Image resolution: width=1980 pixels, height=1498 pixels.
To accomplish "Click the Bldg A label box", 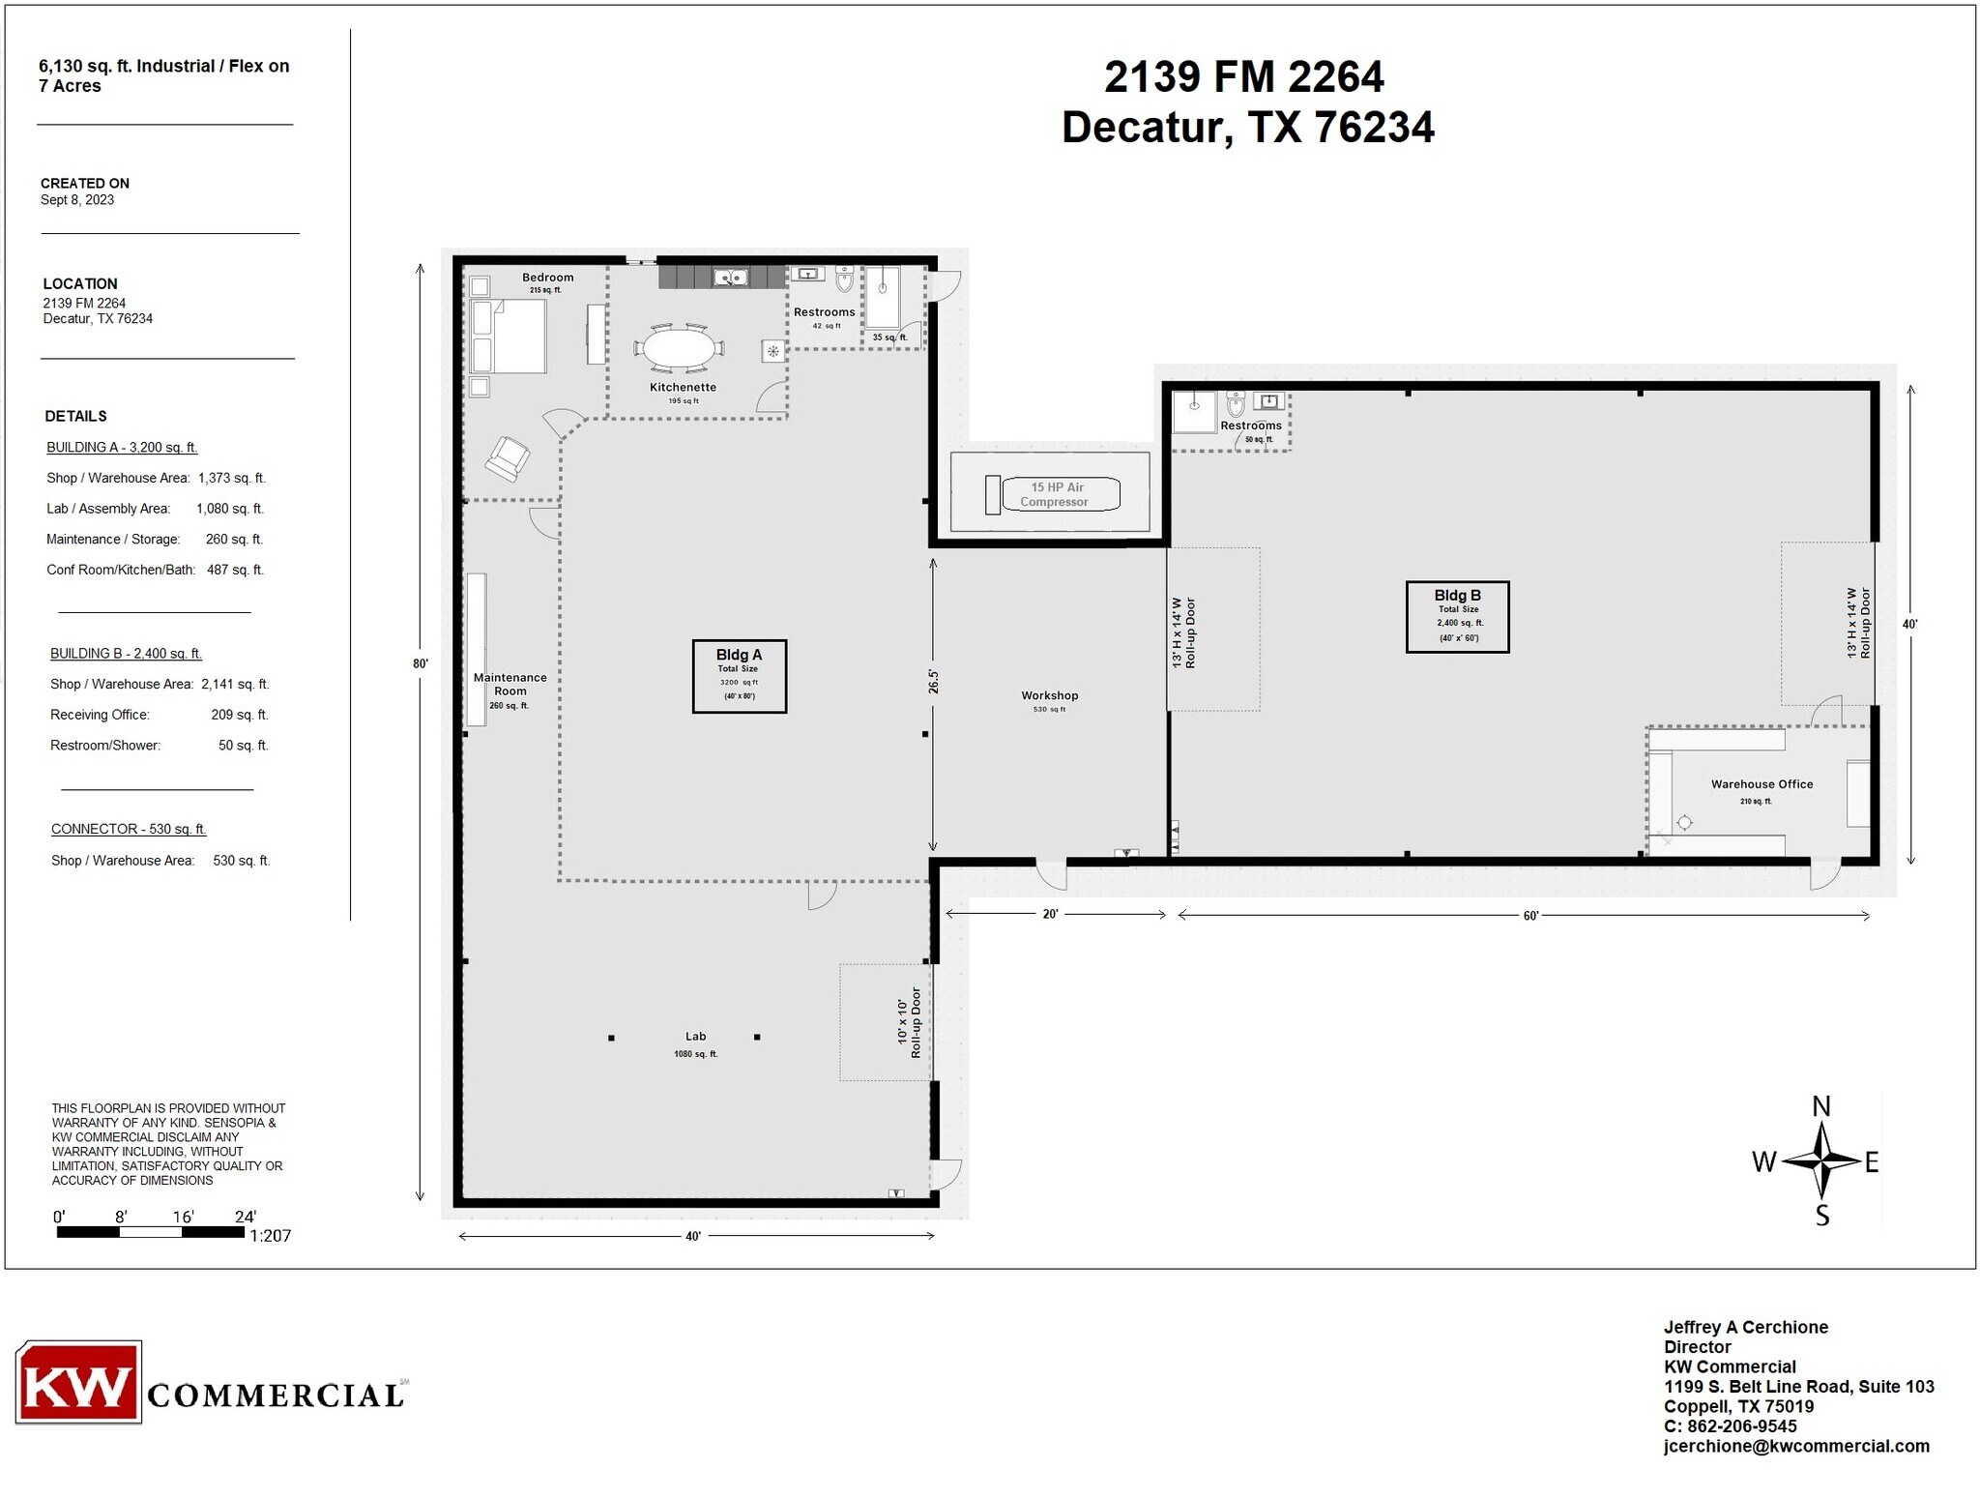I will [x=739, y=676].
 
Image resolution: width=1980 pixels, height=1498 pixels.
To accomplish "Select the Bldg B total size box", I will [x=1457, y=617].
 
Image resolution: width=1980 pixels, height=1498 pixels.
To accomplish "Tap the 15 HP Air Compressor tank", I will [x=1061, y=494].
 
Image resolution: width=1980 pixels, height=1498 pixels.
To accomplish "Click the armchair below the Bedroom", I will [x=508, y=458].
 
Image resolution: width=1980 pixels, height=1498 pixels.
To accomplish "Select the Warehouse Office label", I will [x=1762, y=784].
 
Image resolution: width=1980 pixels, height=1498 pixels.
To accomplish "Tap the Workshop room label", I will [x=1049, y=695].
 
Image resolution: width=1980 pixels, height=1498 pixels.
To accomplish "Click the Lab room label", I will [x=696, y=1037].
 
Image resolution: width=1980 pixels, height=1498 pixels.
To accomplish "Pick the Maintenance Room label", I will [x=510, y=685].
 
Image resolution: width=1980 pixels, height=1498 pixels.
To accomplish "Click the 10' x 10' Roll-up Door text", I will [x=909, y=1022].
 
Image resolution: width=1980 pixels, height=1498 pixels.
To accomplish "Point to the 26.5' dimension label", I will [x=933, y=681].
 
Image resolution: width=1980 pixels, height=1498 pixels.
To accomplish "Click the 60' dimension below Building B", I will [x=1530, y=916].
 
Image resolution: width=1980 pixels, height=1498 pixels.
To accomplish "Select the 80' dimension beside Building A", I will [x=420, y=663].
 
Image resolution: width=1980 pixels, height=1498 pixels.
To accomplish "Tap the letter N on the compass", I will [x=1820, y=1106].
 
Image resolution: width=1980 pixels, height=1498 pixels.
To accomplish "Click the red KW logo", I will [x=78, y=1382].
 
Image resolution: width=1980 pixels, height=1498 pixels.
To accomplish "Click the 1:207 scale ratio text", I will [x=270, y=1236].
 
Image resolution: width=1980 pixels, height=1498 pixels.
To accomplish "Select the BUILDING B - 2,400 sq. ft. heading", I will [x=126, y=654].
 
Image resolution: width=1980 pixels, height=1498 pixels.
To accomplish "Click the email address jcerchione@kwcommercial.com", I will [x=1795, y=1446].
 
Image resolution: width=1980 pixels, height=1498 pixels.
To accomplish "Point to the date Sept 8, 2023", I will [x=77, y=200].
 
